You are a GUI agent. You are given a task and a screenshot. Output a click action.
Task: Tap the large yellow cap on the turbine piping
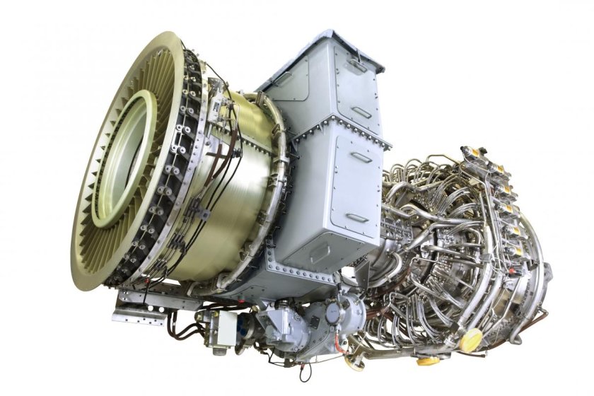pyautogui.click(x=470, y=338)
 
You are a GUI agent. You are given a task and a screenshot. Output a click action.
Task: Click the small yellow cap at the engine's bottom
pyautogui.click(x=427, y=361)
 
